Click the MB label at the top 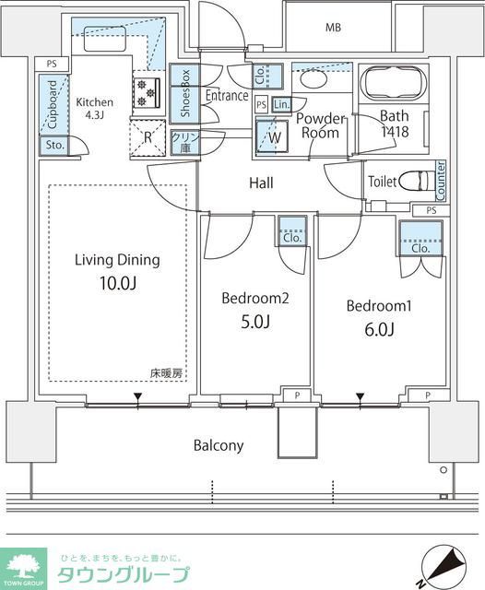[x=332, y=28]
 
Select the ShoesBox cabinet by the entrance [x=183, y=93]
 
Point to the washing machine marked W [x=275, y=136]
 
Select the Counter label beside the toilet [x=441, y=181]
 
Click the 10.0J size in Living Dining [x=117, y=283]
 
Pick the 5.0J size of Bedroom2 [x=255, y=322]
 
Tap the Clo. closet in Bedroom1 [x=421, y=242]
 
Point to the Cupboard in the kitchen [x=52, y=104]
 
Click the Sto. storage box [x=52, y=146]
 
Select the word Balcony [x=219, y=446]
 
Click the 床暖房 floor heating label [x=167, y=373]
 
